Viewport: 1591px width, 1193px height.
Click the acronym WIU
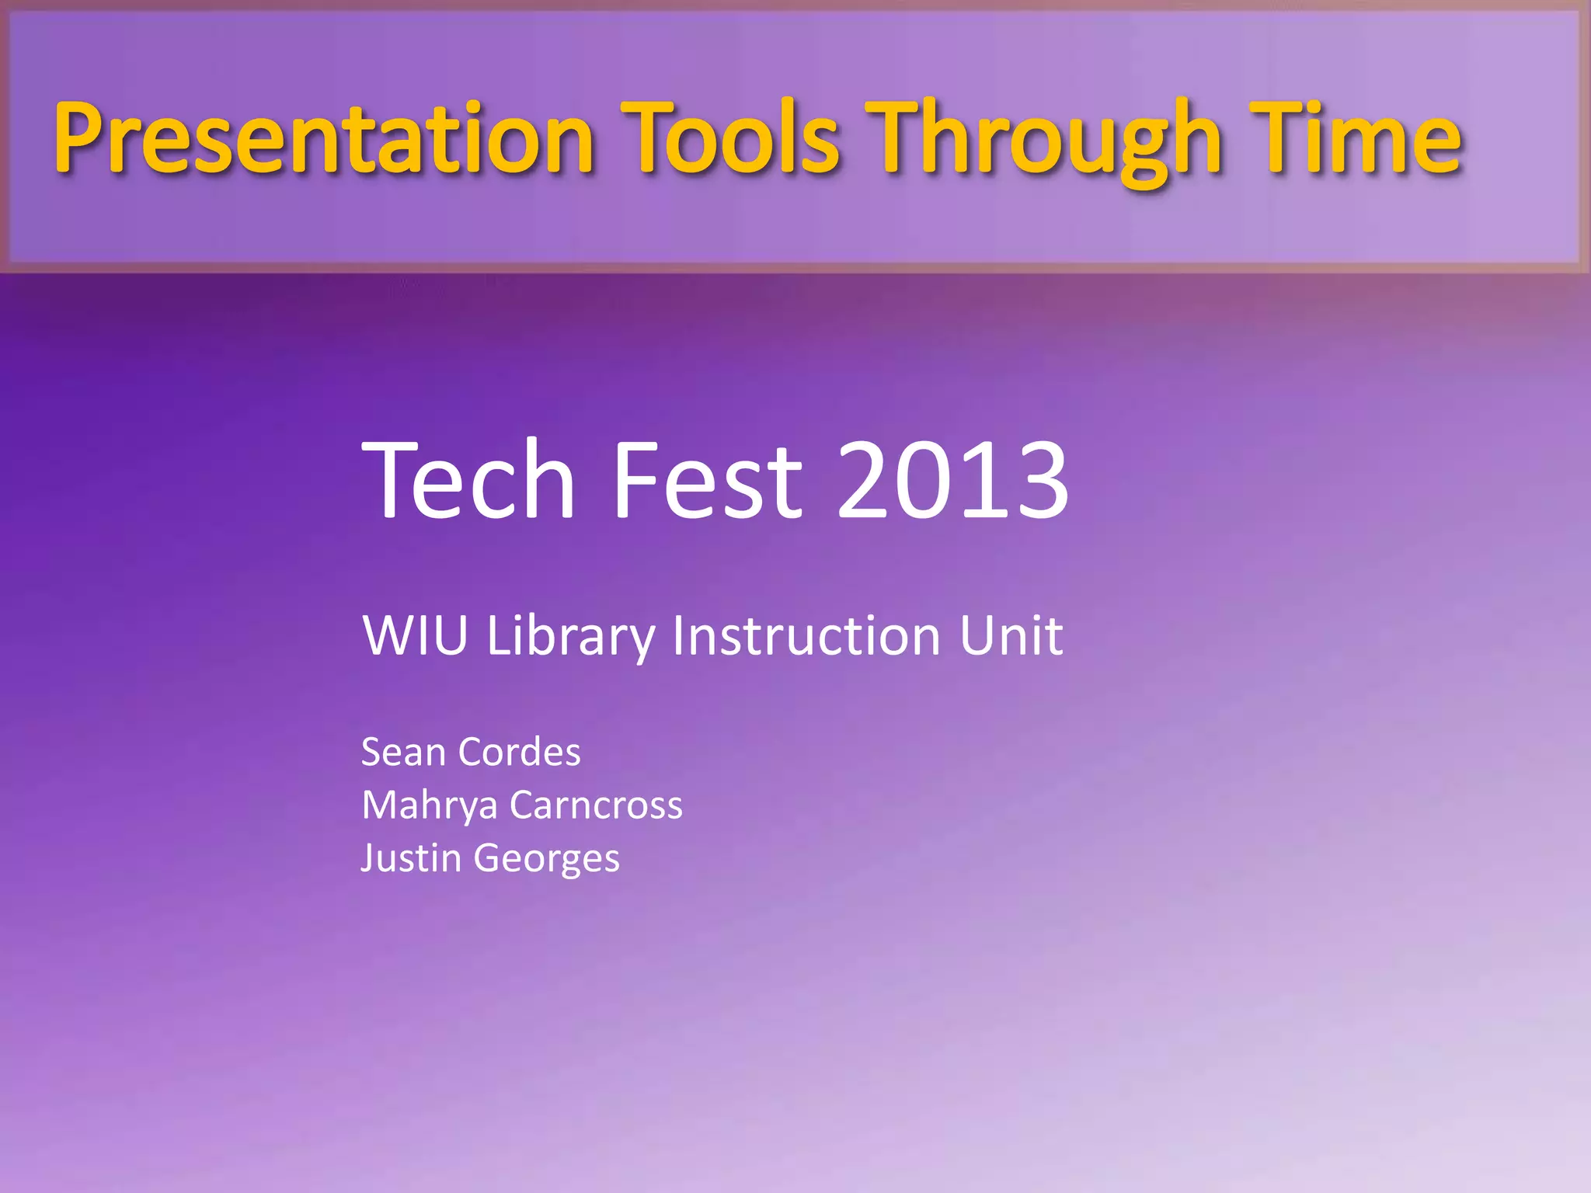415,635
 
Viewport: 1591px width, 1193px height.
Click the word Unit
1010,635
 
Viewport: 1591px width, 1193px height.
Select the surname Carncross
596,805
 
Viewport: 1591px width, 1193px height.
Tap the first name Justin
411,858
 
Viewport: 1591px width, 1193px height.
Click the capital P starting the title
78,138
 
